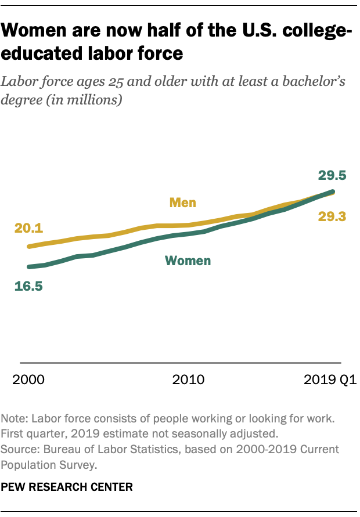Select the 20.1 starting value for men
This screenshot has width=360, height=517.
coord(28,228)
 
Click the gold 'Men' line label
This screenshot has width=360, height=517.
coord(182,203)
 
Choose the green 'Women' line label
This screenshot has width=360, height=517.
coord(188,261)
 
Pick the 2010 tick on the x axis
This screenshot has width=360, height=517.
coord(188,380)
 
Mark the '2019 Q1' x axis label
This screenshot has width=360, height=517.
coord(329,380)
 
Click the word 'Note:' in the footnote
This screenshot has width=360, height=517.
coord(15,418)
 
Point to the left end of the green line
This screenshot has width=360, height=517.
coord(28,267)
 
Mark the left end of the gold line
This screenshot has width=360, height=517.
coord(28,246)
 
